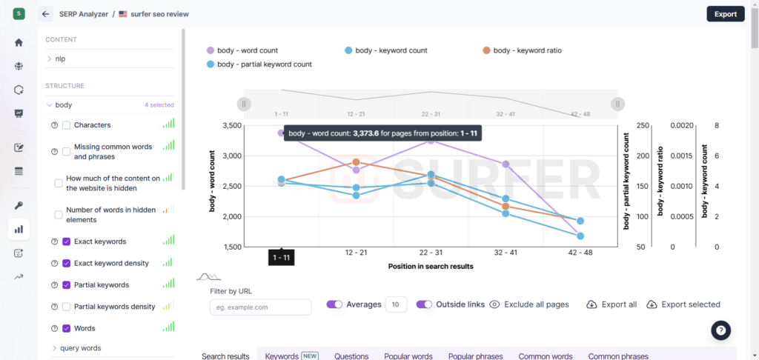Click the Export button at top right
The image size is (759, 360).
click(x=725, y=14)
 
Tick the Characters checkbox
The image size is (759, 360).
click(x=67, y=125)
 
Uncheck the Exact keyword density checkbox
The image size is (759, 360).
click(x=67, y=263)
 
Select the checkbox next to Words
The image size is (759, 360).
click(x=67, y=328)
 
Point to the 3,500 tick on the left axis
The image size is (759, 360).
click(x=252, y=126)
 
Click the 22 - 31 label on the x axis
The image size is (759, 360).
click(x=430, y=253)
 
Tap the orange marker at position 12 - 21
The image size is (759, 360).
click(x=357, y=161)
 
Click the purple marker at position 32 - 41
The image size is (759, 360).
click(x=506, y=164)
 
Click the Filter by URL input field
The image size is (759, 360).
click(x=260, y=307)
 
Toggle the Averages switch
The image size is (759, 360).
click(x=334, y=304)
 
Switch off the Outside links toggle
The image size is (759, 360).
click(x=424, y=304)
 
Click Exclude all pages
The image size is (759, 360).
click(x=529, y=304)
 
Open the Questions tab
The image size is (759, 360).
click(x=351, y=356)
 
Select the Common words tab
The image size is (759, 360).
click(x=545, y=356)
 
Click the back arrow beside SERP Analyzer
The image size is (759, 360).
click(x=45, y=14)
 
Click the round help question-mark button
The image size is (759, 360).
click(x=721, y=330)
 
